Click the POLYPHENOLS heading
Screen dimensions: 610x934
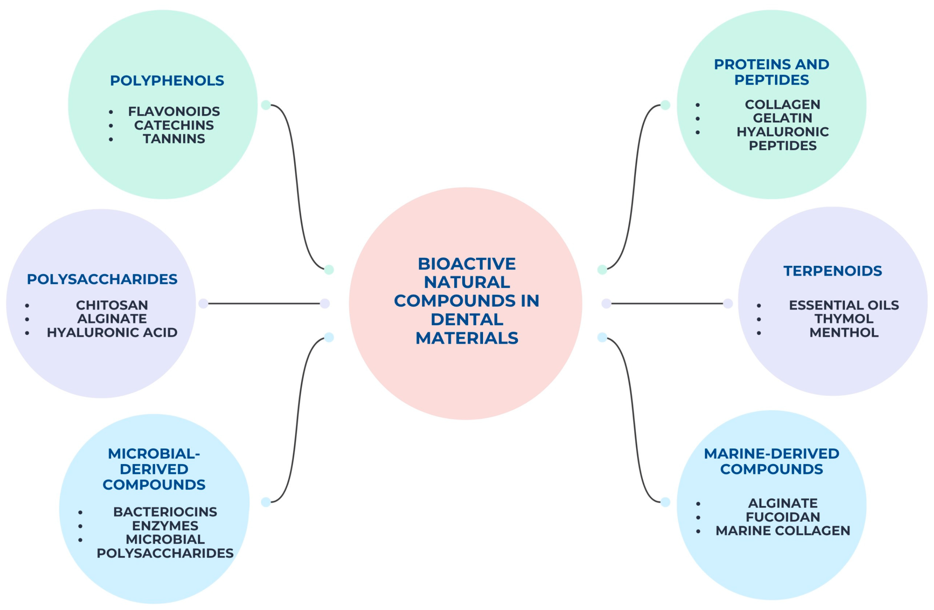click(x=167, y=81)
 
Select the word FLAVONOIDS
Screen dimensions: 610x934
click(x=174, y=111)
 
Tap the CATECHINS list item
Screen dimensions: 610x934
click(x=174, y=125)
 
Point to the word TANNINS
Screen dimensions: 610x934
click(x=174, y=139)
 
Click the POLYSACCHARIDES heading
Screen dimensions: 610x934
click(x=102, y=279)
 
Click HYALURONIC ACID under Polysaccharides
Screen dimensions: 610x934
click(x=112, y=333)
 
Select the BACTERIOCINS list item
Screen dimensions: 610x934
click(x=165, y=512)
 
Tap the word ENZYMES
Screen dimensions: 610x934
click(x=165, y=526)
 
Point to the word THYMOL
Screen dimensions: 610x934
click(x=844, y=319)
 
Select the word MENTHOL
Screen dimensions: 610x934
click(x=844, y=333)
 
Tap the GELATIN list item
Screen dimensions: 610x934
click(x=782, y=118)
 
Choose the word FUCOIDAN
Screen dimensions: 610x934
click(x=782, y=517)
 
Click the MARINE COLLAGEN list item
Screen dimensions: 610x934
click(x=782, y=531)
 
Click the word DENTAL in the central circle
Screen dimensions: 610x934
click(x=467, y=320)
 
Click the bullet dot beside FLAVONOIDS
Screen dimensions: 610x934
click(x=111, y=112)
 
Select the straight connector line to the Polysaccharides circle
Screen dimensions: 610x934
click(x=264, y=303)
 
